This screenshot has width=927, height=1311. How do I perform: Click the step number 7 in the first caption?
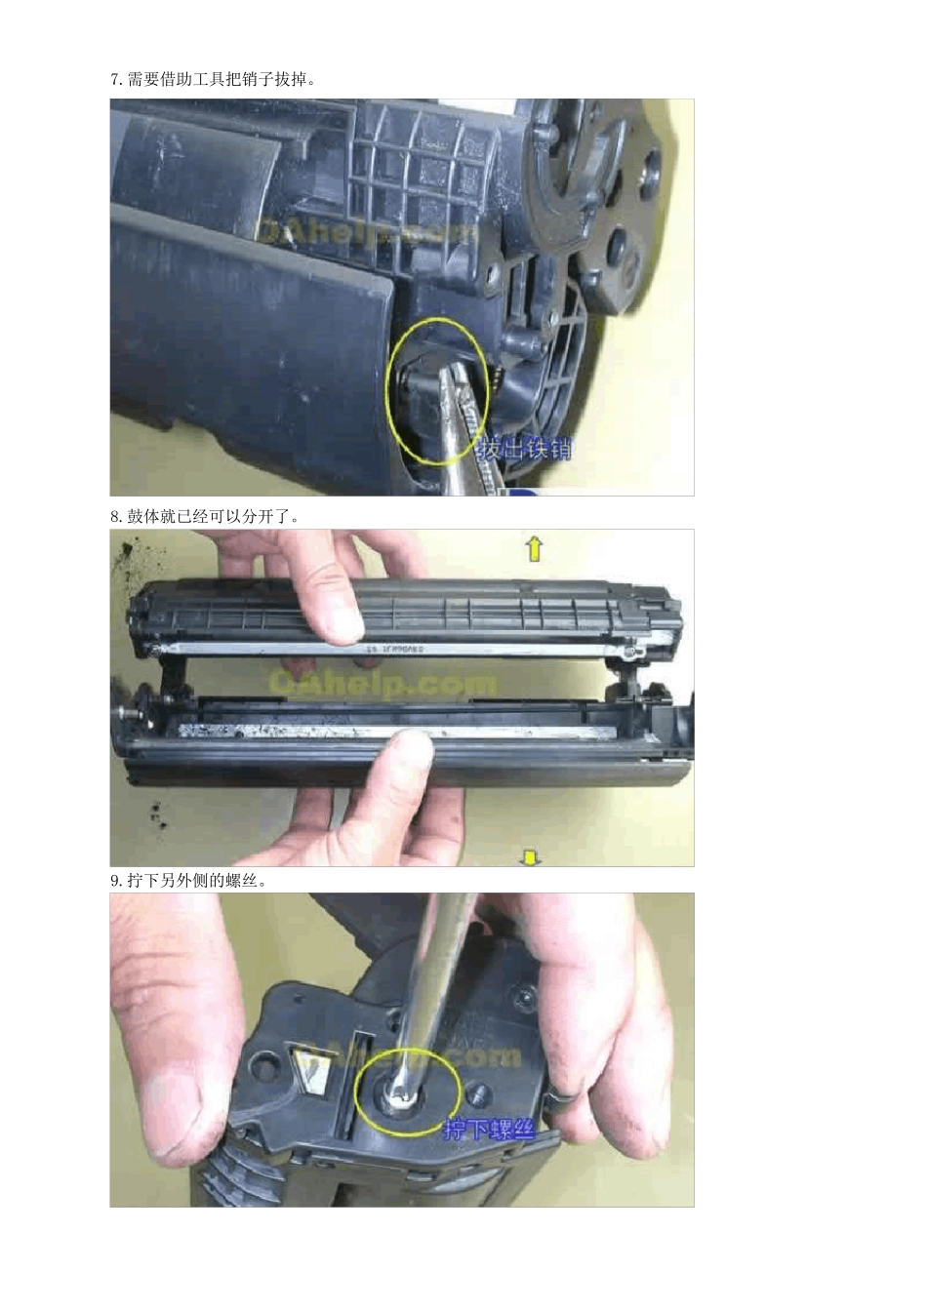click(x=114, y=80)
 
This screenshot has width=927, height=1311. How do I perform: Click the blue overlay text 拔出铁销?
click(x=525, y=450)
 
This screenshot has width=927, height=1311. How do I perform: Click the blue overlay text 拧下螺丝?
click(x=490, y=1131)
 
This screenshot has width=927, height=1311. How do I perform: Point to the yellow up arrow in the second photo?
click(x=534, y=549)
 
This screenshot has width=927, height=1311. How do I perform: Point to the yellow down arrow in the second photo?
click(x=530, y=857)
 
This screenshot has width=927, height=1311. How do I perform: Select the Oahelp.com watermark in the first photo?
click(x=366, y=231)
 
